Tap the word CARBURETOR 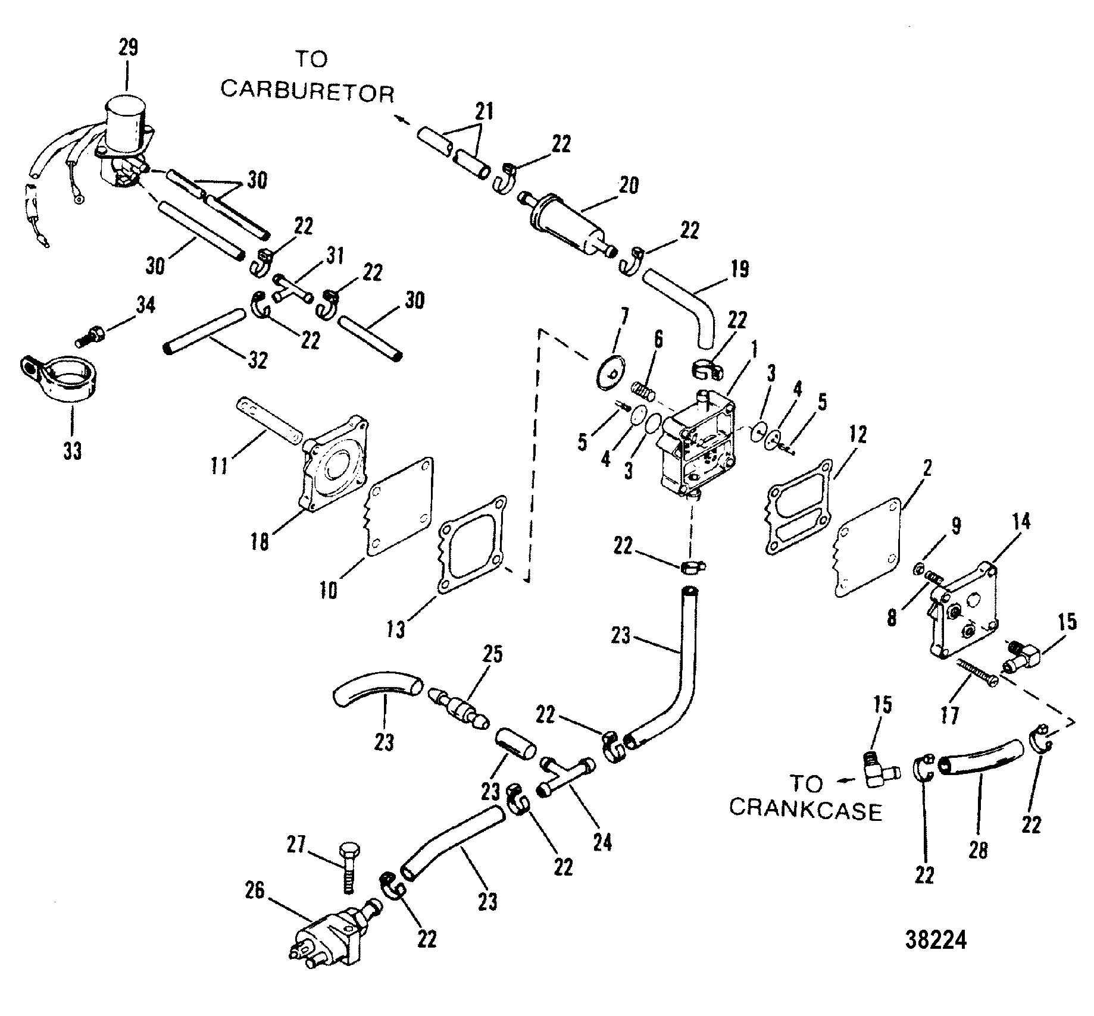click(307, 92)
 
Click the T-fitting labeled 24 click(567, 776)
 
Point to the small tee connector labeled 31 click(292, 289)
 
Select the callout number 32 click(257, 360)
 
